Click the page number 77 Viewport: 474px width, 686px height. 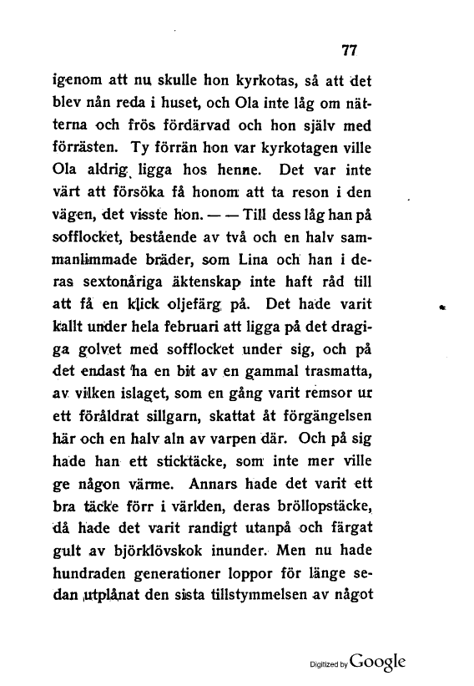350,49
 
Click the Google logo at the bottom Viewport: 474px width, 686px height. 379,661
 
